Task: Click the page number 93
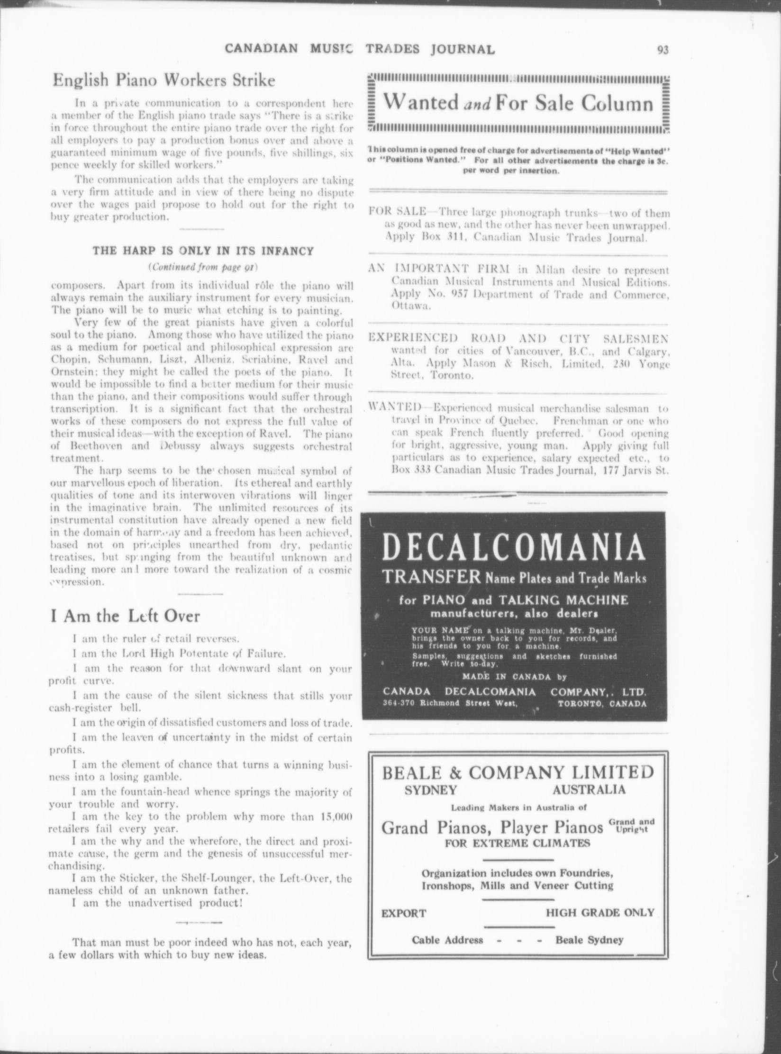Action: point(662,50)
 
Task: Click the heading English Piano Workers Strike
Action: point(163,80)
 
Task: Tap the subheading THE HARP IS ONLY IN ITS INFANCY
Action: point(203,251)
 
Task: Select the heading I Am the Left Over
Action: point(125,616)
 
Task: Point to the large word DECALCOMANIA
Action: point(513,548)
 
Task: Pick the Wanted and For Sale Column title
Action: point(518,103)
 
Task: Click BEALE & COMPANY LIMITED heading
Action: point(518,773)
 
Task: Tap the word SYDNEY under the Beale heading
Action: point(431,790)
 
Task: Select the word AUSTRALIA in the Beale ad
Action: point(589,790)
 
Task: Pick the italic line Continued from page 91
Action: point(203,267)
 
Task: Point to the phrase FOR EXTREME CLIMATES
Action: point(518,843)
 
